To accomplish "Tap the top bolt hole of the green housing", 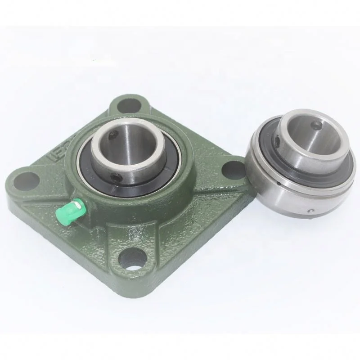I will point(127,105).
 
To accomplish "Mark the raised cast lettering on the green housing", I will point(58,149).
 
